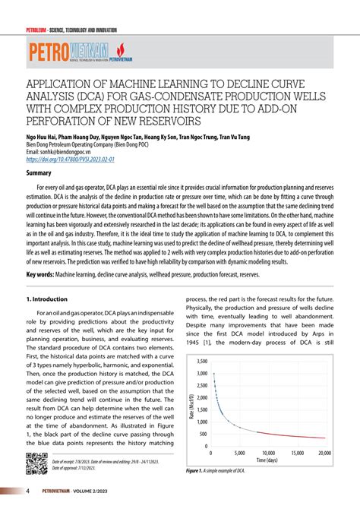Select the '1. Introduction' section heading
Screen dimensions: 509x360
click(49, 279)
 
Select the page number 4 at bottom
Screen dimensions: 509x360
click(27, 492)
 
